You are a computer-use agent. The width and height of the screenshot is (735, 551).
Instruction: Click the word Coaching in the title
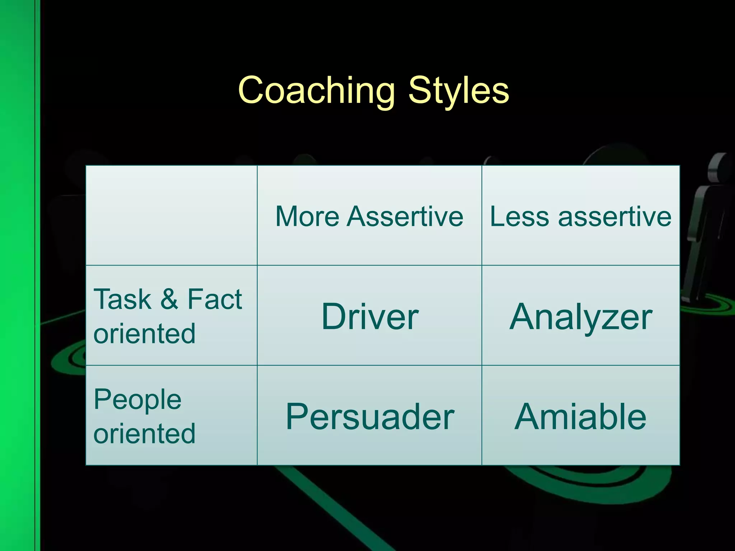click(316, 90)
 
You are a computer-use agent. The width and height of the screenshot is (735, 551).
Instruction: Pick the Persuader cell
click(369, 416)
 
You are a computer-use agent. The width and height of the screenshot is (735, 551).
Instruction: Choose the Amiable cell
click(580, 416)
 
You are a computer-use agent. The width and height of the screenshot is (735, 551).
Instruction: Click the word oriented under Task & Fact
click(144, 334)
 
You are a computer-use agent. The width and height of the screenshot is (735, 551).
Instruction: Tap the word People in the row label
click(137, 400)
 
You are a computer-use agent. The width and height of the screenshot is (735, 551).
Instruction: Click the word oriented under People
click(144, 433)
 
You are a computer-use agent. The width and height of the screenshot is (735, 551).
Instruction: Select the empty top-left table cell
click(171, 215)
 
